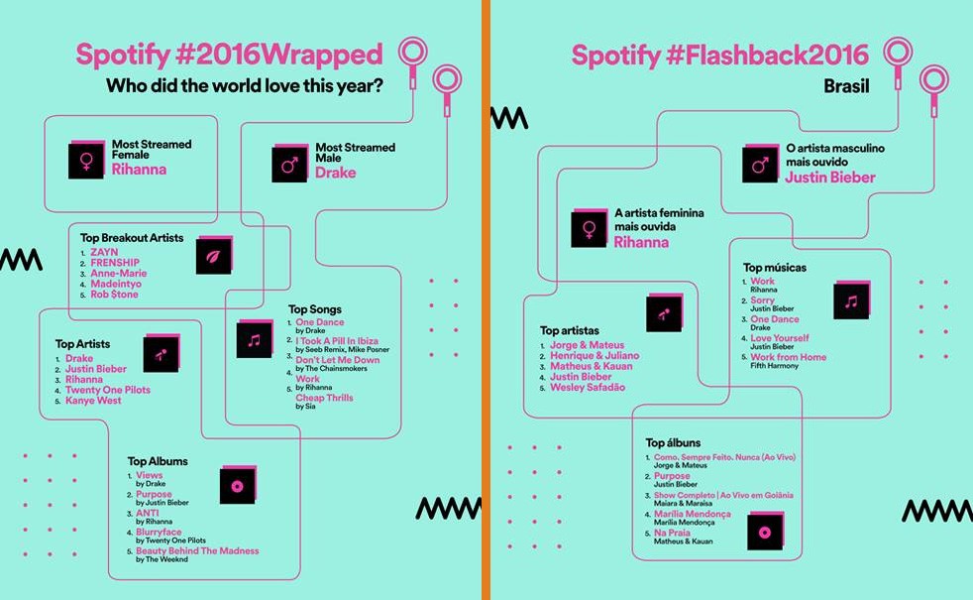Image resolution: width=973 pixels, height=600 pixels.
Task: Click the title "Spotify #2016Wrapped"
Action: (229, 55)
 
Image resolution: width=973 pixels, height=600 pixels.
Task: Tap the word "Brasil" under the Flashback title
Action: (846, 86)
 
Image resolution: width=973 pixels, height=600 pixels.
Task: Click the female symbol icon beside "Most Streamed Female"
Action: (86, 161)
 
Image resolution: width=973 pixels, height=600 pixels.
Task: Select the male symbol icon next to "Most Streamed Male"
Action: (289, 164)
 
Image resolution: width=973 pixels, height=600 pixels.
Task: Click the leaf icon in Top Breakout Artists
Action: (214, 255)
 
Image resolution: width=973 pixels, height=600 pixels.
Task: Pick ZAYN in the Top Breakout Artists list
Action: (104, 252)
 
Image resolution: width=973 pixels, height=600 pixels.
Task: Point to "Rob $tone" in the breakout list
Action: (114, 295)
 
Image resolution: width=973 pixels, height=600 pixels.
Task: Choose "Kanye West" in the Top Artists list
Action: (93, 401)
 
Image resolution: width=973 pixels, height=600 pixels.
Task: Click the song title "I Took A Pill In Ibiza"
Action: (337, 341)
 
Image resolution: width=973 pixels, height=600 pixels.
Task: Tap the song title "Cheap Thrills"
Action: (324, 398)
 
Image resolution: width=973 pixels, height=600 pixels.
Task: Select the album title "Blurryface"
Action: (159, 533)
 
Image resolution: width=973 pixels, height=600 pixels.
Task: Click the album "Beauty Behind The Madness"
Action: (197, 551)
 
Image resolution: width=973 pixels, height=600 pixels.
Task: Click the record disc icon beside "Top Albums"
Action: (238, 485)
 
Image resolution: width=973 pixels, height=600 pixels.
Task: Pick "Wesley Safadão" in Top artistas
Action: (588, 388)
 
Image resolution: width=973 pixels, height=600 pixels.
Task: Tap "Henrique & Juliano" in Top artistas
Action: (595, 356)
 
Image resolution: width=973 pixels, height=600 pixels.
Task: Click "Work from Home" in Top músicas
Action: (788, 357)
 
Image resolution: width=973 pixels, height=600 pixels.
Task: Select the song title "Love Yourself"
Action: (780, 338)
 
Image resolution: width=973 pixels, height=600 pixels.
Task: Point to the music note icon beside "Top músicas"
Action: (851, 300)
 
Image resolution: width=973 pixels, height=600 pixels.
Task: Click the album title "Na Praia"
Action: (672, 533)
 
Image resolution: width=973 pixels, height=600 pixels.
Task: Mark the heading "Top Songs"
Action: (315, 309)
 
